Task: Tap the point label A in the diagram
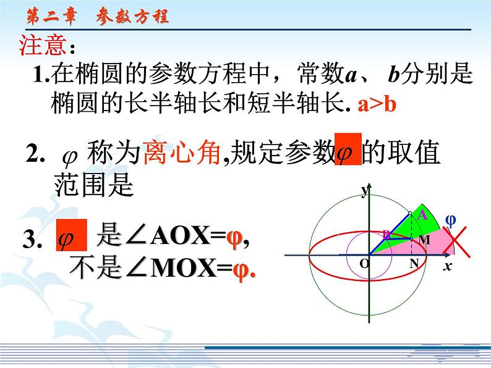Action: pyautogui.click(x=423, y=215)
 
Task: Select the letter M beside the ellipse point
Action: pyautogui.click(x=424, y=240)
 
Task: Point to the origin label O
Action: pyautogui.click(x=364, y=264)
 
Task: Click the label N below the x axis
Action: pyautogui.click(x=413, y=264)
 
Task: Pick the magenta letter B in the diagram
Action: pyautogui.click(x=386, y=235)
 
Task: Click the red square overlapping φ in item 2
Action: pyautogui.click(x=347, y=149)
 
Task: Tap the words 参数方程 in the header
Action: pyautogui.click(x=132, y=18)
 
